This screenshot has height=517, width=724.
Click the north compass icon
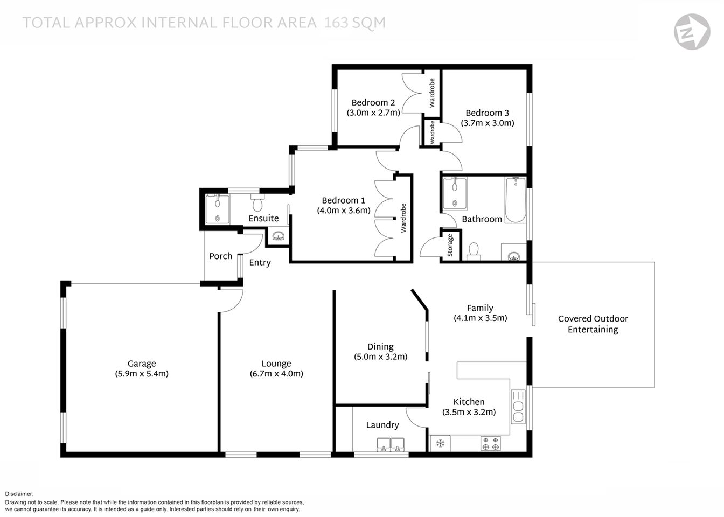[x=692, y=32]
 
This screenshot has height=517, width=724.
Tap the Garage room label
[x=142, y=364]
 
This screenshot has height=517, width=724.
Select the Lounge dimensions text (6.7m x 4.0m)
[x=276, y=374]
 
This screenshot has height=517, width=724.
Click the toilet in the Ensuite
[x=257, y=203]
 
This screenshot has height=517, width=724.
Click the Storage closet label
[x=450, y=245]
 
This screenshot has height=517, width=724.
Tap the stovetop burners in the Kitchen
[x=490, y=443]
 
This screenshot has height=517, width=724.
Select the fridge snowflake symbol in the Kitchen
[x=440, y=443]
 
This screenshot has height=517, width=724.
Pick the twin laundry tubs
[x=391, y=445]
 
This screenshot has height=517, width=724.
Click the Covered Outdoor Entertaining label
[x=593, y=324]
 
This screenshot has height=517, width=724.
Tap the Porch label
[x=220, y=256]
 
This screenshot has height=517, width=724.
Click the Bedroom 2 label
[x=373, y=102]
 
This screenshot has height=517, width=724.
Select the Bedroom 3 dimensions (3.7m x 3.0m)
[x=487, y=123]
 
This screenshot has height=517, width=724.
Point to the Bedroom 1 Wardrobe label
[x=403, y=218]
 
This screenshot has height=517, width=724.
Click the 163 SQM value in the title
[x=354, y=23]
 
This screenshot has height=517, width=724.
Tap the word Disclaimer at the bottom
[x=19, y=494]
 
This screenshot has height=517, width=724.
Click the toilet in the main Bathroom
[x=474, y=251]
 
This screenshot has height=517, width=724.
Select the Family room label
[x=479, y=308]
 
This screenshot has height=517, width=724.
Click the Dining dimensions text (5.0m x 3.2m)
[x=380, y=357]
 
